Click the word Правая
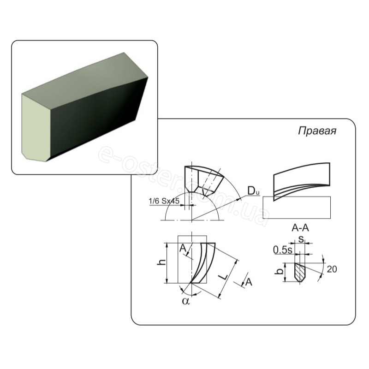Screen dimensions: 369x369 click(317, 131)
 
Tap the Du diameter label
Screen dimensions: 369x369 click(253, 190)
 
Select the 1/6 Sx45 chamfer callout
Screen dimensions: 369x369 click(164, 201)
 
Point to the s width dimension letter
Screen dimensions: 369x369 click(301, 239)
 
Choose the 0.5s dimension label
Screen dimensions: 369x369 click(283, 250)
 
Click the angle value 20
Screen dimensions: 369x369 click(332, 269)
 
